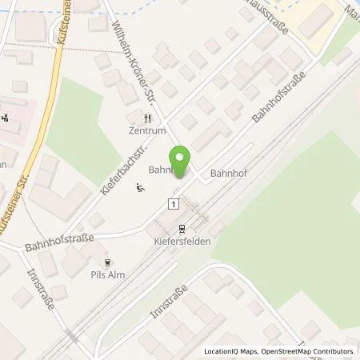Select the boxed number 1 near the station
click(172, 205)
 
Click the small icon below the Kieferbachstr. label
click(140, 190)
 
